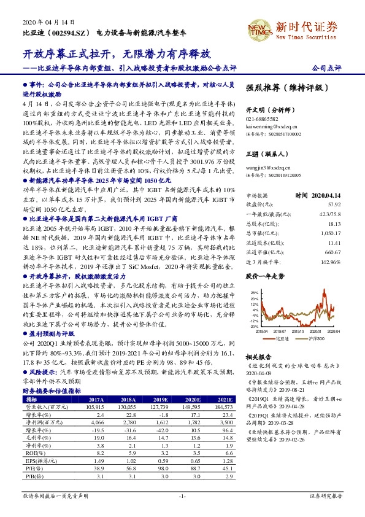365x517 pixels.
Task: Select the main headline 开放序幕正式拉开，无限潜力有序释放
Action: [x=116, y=54]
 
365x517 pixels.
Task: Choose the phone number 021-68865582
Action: [x=261, y=119]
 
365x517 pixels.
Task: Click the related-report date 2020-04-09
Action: [x=259, y=372]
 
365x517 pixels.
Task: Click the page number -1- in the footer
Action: [x=182, y=495]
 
